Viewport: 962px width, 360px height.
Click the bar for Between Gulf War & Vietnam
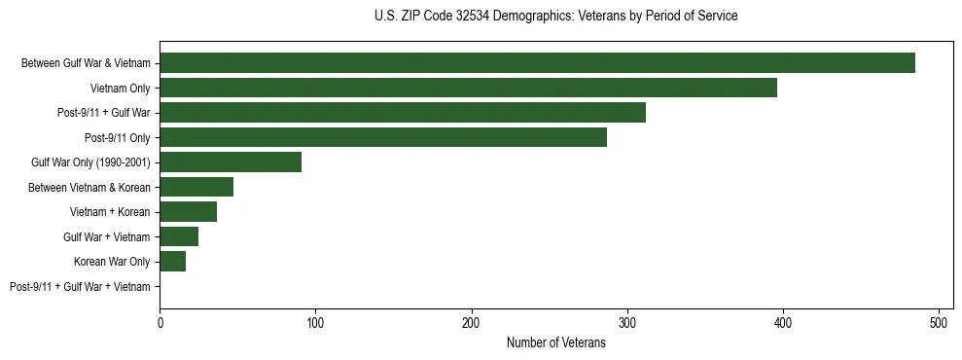537,63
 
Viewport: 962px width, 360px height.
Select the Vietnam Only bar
468,88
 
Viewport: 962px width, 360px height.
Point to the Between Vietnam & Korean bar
196,187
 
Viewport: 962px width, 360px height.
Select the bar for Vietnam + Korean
188,212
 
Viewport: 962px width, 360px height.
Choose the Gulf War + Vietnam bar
179,236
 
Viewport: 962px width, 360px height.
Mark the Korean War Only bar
172,262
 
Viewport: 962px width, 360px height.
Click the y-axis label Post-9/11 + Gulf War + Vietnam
80,287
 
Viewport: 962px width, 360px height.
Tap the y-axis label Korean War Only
112,262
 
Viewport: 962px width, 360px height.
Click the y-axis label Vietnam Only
120,89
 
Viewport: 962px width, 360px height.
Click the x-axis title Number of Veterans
556,342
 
